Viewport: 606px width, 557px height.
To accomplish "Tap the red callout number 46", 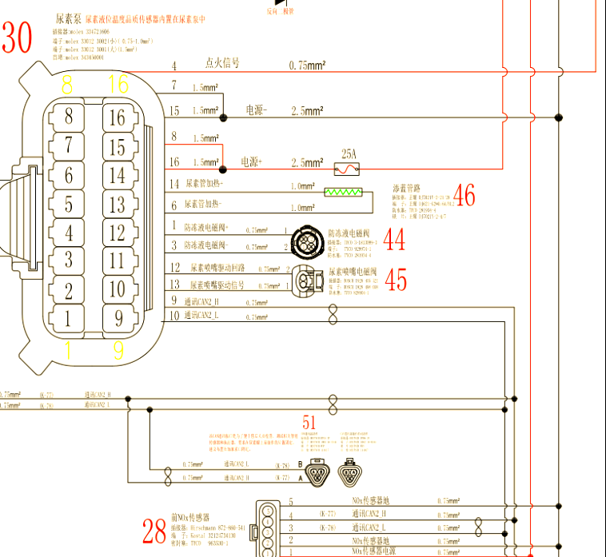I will coord(464,195).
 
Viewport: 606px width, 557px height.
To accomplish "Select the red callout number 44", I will coord(395,239).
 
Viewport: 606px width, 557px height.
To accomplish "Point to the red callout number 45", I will coord(396,279).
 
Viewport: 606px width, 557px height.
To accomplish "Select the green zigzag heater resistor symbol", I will coord(343,193).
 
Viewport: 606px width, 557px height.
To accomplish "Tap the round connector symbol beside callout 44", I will coord(307,239).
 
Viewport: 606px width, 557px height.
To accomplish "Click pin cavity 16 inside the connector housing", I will coord(118,118).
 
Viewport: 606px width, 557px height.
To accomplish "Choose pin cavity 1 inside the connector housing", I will coord(69,318).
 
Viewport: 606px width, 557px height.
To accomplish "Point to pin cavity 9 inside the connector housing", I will coord(118,318).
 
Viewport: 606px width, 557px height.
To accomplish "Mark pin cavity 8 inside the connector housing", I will coord(69,117).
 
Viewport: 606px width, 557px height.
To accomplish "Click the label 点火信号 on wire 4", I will coord(223,62).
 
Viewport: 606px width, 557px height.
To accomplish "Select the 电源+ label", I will coord(252,161).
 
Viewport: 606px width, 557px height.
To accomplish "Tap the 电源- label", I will coord(256,110).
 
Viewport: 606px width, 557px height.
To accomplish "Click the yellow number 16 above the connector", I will coord(118,83).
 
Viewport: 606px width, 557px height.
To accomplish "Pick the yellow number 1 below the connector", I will coord(68,349).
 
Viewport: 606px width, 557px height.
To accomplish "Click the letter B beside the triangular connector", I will coord(300,464).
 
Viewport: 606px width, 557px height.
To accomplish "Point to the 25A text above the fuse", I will coord(349,153).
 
